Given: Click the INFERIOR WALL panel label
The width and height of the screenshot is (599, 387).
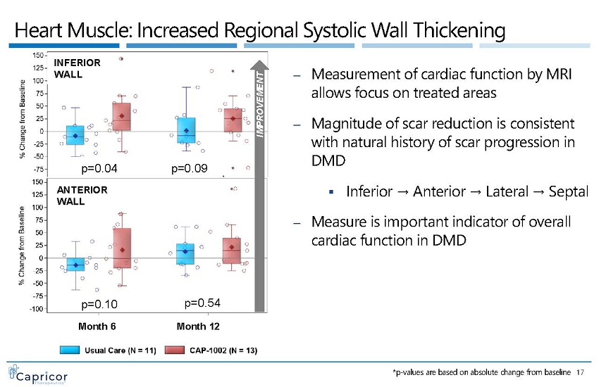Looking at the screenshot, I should pos(77,68).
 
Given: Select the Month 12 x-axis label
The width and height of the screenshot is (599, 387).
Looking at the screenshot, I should pos(198,326).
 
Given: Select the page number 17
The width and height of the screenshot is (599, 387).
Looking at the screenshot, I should pos(581,372).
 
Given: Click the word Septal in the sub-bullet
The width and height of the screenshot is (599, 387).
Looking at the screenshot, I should pos(571,191).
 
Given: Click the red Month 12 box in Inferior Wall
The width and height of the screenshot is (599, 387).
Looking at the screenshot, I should pos(233,120).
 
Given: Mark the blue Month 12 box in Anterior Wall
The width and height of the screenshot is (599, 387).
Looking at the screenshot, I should pos(185,253).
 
